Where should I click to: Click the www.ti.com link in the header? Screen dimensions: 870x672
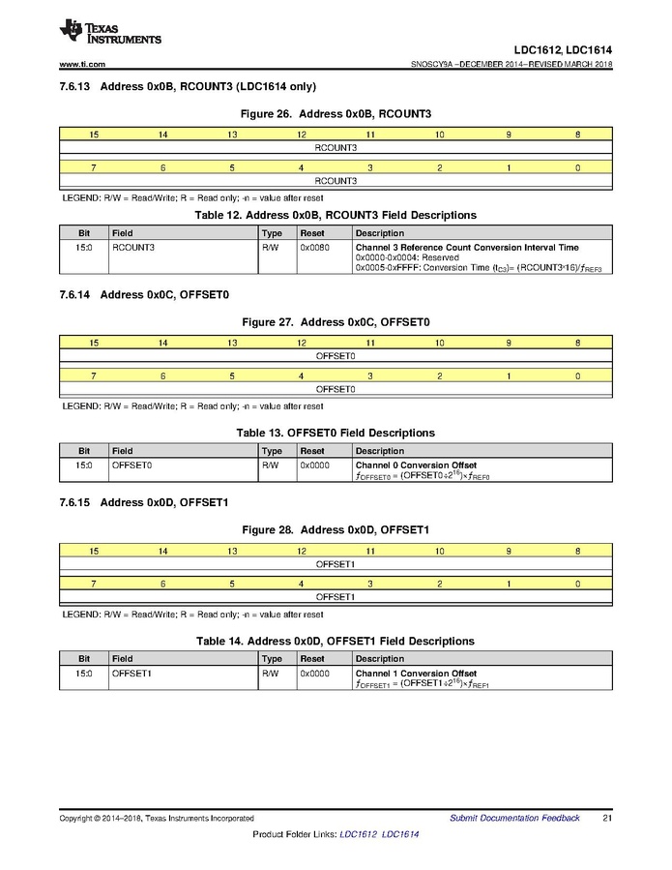82,65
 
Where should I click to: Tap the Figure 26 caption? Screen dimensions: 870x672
336,113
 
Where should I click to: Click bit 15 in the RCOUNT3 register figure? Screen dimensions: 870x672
94,135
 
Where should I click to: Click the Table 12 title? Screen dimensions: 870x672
336,215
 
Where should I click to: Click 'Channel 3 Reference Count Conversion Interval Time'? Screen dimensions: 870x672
467,248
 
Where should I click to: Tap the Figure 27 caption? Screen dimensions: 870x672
336,321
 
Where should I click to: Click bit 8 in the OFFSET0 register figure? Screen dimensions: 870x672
577,343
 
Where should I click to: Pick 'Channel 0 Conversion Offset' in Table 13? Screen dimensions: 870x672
416,465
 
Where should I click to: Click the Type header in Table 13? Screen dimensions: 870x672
273,451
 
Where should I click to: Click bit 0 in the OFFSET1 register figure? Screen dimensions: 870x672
577,584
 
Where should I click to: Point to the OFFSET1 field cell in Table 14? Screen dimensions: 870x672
132,674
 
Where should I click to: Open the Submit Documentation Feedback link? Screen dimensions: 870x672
514,819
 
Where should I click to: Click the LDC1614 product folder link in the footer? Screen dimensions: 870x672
400,834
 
